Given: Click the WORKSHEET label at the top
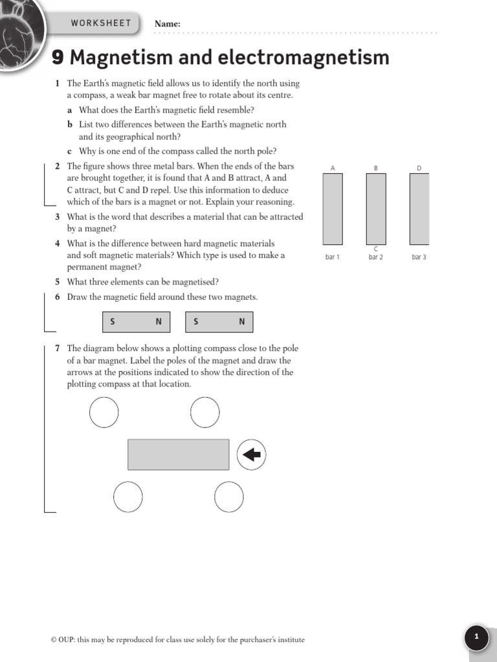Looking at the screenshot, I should click(x=100, y=23).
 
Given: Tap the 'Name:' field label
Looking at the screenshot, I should click(x=167, y=25).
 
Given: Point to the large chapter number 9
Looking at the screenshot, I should click(x=58, y=58).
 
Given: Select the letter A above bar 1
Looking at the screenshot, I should click(x=333, y=168).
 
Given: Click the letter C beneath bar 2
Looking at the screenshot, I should click(x=376, y=249).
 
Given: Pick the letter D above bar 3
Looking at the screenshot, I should click(x=419, y=168).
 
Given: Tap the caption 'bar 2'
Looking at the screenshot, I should click(x=376, y=257).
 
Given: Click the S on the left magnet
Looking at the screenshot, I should click(x=112, y=322).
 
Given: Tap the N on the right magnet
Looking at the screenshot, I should click(x=242, y=322).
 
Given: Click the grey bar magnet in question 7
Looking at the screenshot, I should click(x=178, y=454).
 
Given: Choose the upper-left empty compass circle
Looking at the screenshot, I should click(x=104, y=412).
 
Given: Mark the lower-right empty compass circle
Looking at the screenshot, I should click(x=229, y=497).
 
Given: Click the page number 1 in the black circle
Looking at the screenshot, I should click(x=477, y=637).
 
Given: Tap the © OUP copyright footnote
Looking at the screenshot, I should click(x=177, y=640).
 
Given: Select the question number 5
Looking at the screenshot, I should click(x=58, y=282).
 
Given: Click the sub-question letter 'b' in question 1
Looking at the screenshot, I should click(x=69, y=124).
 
